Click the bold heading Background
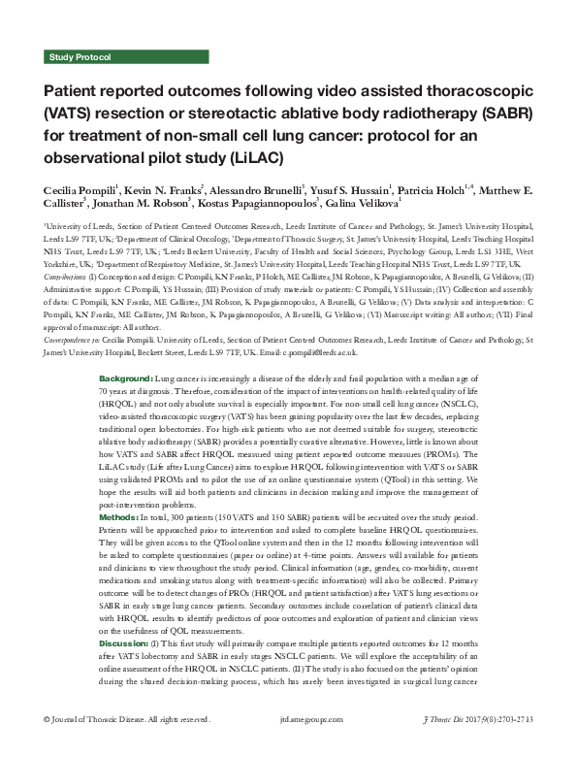point(127,348)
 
